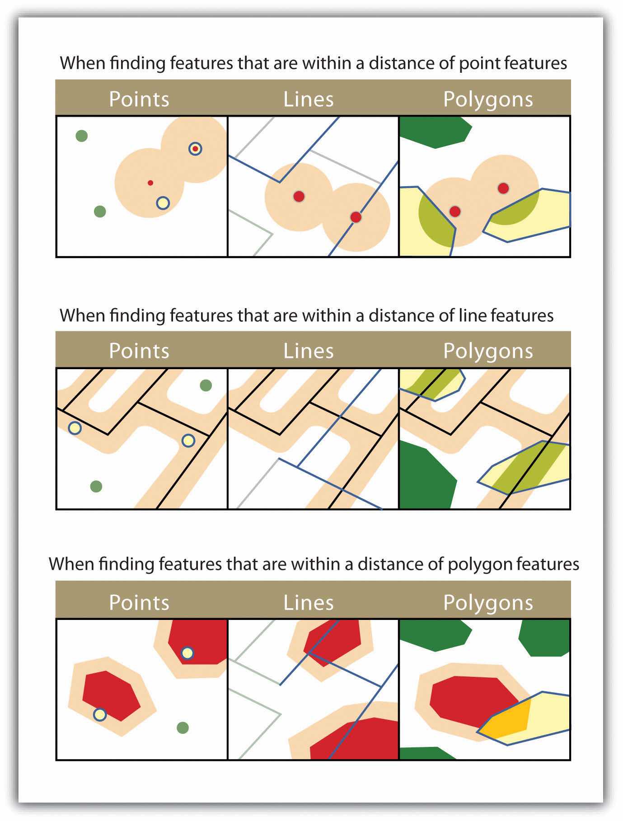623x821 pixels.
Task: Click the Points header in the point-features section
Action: tap(139, 99)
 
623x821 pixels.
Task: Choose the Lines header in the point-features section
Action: tap(309, 99)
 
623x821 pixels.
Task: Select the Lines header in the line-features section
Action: tap(309, 351)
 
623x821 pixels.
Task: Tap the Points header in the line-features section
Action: tap(139, 351)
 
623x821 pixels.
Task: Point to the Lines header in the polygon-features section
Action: tap(309, 603)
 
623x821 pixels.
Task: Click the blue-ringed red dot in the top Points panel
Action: tap(195, 149)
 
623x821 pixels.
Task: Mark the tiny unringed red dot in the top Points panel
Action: tap(150, 183)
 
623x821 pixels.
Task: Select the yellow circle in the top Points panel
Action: tap(163, 203)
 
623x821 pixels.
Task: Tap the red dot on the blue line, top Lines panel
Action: tap(356, 217)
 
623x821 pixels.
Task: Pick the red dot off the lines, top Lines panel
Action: tap(299, 196)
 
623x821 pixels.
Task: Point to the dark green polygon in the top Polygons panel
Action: tap(435, 132)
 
